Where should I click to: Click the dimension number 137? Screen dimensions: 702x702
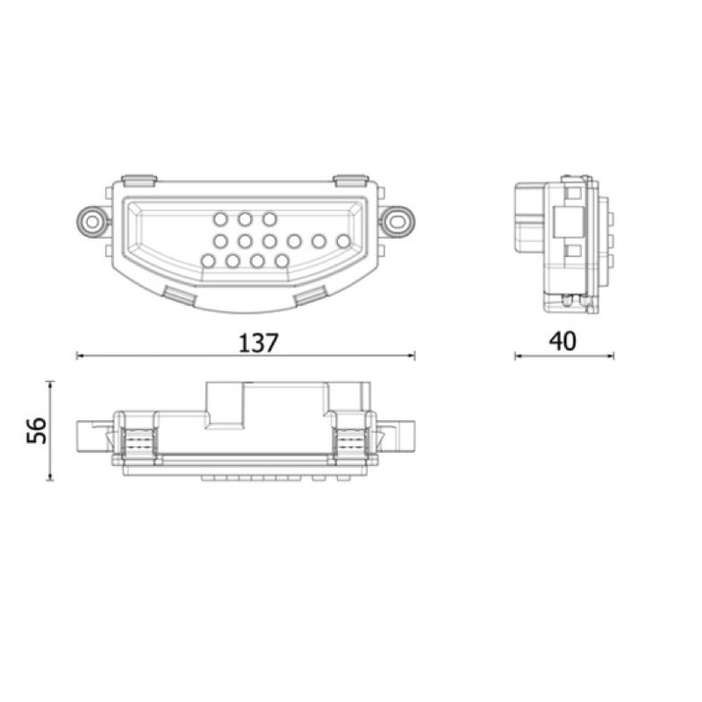point(259,343)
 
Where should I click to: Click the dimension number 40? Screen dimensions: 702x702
point(562,341)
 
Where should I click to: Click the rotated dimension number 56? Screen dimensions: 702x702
point(37,430)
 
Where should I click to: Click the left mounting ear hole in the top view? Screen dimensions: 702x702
point(92,222)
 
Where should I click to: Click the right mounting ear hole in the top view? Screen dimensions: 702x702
point(398,221)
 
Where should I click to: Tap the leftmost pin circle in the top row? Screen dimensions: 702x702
point(220,218)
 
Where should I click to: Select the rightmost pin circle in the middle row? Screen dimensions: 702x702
point(343,241)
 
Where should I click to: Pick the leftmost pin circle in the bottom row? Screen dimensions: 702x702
point(208,261)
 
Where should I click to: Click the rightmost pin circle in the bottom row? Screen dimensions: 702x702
point(282,261)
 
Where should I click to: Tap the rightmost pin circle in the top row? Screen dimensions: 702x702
point(269,218)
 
